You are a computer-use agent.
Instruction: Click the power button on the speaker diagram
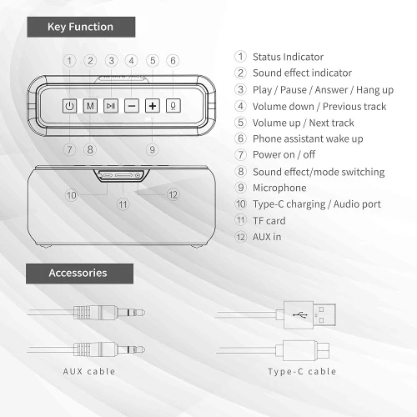pos(69,106)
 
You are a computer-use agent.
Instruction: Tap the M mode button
pos(90,106)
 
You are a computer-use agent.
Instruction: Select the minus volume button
pos(132,106)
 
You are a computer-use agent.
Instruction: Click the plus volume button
pos(153,106)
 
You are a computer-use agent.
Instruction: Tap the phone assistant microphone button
pos(173,106)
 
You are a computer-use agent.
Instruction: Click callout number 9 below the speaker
pos(152,149)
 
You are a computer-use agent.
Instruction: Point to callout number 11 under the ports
pos(123,204)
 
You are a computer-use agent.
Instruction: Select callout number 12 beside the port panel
pos(173,194)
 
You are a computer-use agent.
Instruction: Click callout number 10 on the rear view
pos(71,195)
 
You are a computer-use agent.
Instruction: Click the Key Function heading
pos(81,27)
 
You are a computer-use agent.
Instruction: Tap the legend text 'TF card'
pos(269,221)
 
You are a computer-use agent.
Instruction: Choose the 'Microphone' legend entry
pos(279,188)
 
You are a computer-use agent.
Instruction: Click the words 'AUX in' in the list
pos(267,237)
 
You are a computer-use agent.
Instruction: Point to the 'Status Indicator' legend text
pos(288,57)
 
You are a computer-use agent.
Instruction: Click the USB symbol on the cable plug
pos(300,315)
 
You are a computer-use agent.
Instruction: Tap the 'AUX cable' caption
pos(89,371)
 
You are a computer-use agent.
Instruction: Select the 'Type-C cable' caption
pos(302,371)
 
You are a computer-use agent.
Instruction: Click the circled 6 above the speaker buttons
pos(173,61)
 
